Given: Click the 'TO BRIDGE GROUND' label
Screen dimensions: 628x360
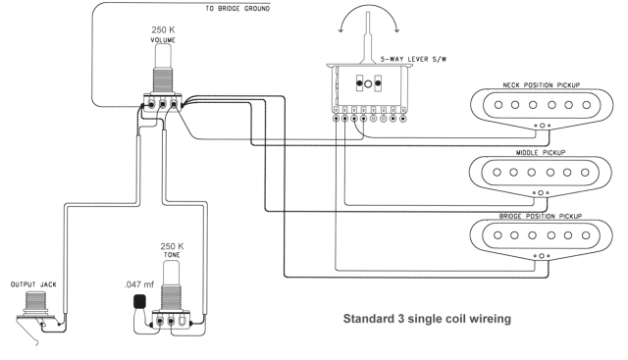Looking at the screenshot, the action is pyautogui.click(x=237, y=9).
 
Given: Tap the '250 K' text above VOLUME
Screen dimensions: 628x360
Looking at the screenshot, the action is pyautogui.click(x=163, y=30).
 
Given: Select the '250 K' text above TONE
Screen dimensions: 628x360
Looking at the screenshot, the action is pyautogui.click(x=173, y=246).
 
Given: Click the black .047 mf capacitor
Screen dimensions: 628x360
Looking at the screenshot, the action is pyautogui.click(x=139, y=301).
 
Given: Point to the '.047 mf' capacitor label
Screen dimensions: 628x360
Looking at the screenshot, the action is pyautogui.click(x=139, y=284).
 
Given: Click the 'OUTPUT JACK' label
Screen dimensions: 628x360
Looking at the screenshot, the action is pyautogui.click(x=33, y=284).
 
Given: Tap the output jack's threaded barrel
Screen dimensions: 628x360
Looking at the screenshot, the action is pyautogui.click(x=35, y=300).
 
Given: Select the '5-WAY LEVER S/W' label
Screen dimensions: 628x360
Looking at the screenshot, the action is pyautogui.click(x=413, y=59).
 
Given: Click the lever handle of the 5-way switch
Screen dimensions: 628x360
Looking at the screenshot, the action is pyautogui.click(x=368, y=37).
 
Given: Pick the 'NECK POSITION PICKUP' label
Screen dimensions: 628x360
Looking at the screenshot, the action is pyautogui.click(x=541, y=85).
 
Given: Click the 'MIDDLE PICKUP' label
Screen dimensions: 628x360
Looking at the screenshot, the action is pyautogui.click(x=541, y=153).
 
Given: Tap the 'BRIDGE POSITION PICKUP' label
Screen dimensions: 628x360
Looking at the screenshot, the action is pyautogui.click(x=541, y=216).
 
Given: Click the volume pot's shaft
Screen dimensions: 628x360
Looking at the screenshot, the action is pyautogui.click(x=163, y=57).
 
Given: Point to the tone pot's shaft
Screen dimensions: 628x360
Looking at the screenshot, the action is pyautogui.click(x=172, y=273).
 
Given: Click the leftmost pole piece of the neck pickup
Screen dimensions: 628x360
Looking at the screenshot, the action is pyautogui.click(x=498, y=105).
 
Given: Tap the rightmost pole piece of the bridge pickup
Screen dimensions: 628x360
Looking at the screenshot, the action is pyautogui.click(x=586, y=235).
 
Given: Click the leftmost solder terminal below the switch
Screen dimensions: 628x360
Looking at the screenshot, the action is pyautogui.click(x=336, y=119).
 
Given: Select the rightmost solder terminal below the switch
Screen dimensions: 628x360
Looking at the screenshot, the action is pyautogui.click(x=403, y=119).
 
